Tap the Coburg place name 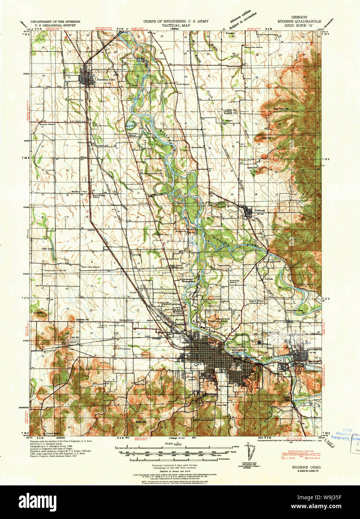point(259,210)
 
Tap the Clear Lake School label point(91,267)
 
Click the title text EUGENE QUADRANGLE point(299,22)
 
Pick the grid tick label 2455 point(26,74)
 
